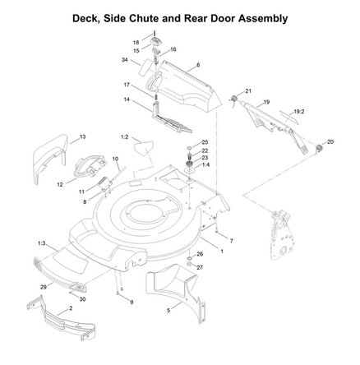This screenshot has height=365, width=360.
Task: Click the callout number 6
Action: [199, 64]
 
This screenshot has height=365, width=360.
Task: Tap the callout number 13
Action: [83, 135]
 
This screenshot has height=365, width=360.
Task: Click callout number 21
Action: [249, 90]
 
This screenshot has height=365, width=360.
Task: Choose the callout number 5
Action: [168, 311]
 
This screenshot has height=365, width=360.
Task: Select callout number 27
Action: [200, 267]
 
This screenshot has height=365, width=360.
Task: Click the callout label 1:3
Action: [41, 243]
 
